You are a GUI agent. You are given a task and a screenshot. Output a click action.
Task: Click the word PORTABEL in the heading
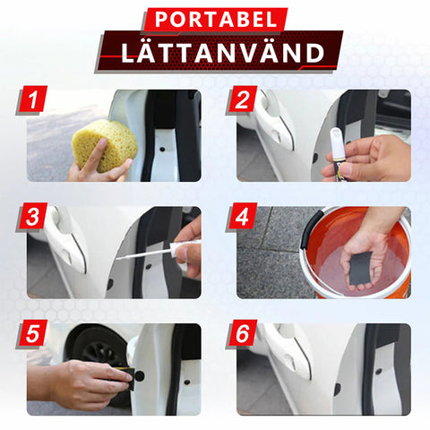(x=215, y=20)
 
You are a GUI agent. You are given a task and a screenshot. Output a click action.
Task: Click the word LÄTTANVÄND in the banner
(x=222, y=53)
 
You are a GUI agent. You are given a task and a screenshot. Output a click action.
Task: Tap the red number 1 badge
(x=32, y=99)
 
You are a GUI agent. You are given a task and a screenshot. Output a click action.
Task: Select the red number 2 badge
(x=242, y=99)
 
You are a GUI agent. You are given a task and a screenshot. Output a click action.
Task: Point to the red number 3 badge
(x=32, y=217)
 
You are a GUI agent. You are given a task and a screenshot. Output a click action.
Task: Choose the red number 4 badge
(x=242, y=217)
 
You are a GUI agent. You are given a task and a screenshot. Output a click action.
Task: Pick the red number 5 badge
(x=32, y=333)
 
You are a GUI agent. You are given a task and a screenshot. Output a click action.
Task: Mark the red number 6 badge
(x=242, y=333)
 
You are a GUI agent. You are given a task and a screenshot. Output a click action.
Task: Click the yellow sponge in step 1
(x=105, y=146)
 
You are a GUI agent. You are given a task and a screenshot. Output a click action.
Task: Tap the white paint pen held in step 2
(x=339, y=154)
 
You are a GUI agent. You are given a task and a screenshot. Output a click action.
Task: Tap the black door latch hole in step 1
(x=162, y=149)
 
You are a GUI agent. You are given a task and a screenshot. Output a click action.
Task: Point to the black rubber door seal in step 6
(x=371, y=369)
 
